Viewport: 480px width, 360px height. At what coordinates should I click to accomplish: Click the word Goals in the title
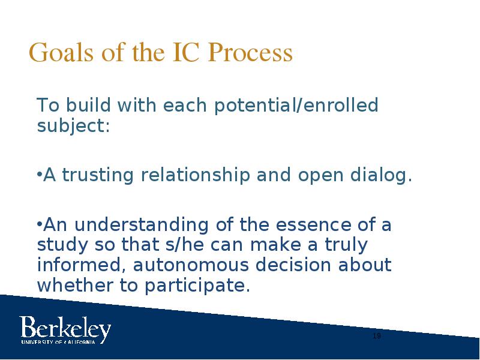click(61, 52)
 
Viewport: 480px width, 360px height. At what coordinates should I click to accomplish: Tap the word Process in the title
click(250, 52)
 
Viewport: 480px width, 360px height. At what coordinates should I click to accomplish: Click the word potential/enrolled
click(296, 106)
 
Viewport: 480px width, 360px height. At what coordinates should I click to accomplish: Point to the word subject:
click(73, 126)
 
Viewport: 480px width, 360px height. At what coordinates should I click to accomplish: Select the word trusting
click(98, 176)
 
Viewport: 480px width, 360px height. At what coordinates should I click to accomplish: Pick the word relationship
click(195, 176)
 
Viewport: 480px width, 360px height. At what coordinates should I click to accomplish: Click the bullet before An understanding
click(39, 224)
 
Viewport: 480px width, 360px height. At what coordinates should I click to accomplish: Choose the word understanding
click(142, 224)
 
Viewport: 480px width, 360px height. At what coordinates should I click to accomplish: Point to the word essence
click(313, 224)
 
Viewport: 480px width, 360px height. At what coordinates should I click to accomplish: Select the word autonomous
click(191, 265)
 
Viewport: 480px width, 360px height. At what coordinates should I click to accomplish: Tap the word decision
click(293, 265)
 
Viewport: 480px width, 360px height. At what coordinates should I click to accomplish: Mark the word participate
click(197, 286)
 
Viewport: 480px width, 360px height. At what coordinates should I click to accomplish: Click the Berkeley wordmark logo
click(65, 328)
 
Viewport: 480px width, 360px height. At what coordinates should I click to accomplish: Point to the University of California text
click(58, 341)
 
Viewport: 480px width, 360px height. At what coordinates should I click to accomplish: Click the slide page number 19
click(377, 336)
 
